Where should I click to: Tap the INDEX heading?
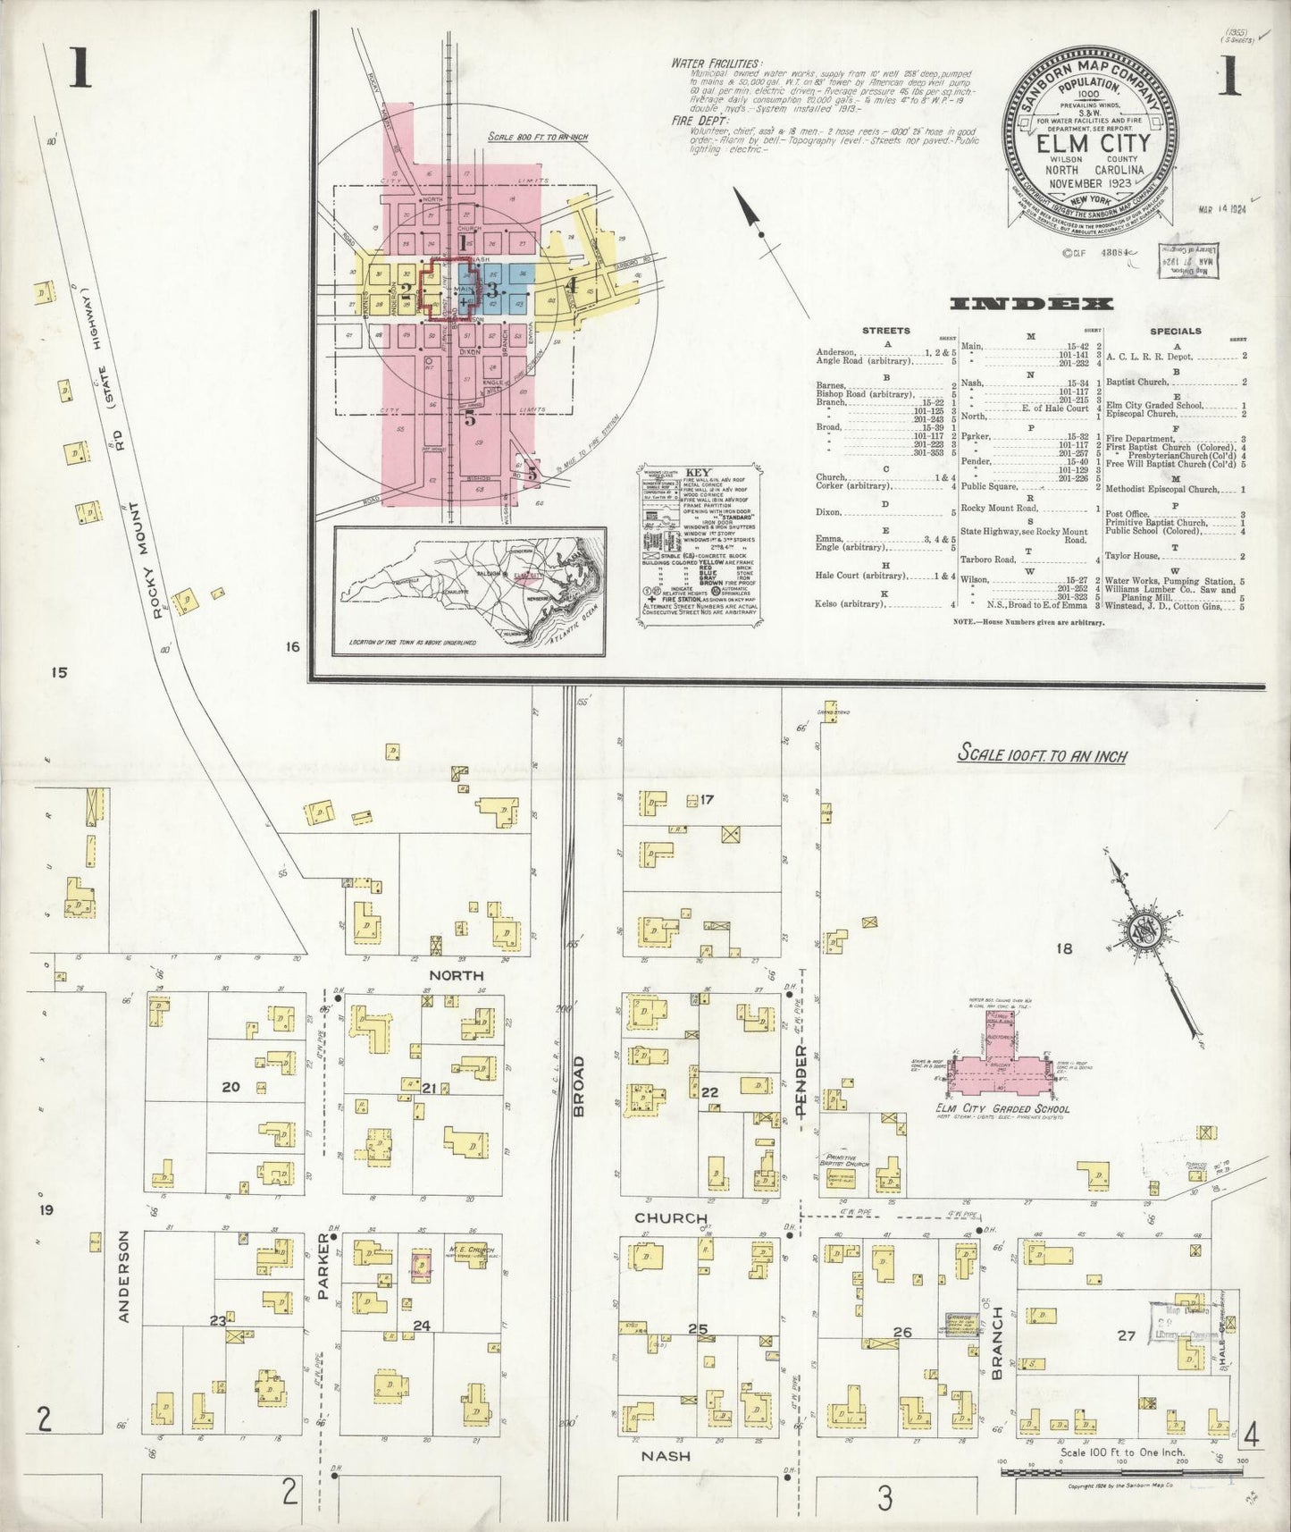tap(1031, 304)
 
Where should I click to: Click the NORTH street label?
tap(457, 975)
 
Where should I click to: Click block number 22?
tap(709, 1092)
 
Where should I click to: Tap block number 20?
tap(231, 1087)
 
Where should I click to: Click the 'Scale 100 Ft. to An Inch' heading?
tap(1042, 754)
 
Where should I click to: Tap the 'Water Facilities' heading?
tap(717, 64)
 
